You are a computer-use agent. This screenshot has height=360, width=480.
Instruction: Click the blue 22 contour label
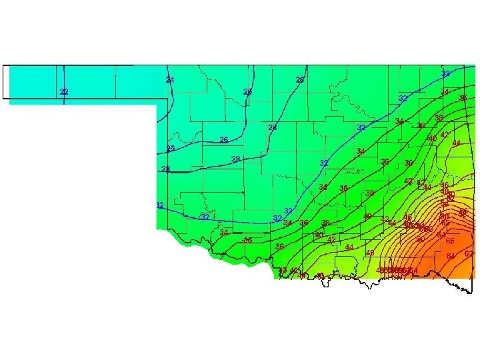pyautogui.click(x=63, y=91)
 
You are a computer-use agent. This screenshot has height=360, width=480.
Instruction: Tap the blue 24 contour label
pyautogui.click(x=170, y=80)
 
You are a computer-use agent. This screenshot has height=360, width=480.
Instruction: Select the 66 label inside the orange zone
pyautogui.click(x=450, y=241)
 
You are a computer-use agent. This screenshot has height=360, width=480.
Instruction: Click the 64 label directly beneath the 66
pyautogui.click(x=451, y=256)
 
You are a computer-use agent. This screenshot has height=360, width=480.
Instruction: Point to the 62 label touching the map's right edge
pyautogui.click(x=469, y=254)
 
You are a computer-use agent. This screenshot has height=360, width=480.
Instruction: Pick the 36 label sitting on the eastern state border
pyautogui.click(x=462, y=98)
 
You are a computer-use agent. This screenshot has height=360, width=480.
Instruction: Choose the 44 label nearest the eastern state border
pyautogui.click(x=457, y=143)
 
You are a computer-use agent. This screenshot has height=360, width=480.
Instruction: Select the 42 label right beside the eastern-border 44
pyautogui.click(x=445, y=135)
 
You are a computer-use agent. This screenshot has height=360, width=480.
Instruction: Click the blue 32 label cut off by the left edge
pyautogui.click(x=159, y=205)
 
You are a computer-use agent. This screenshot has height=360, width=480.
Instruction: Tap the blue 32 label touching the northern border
pyautogui.click(x=445, y=73)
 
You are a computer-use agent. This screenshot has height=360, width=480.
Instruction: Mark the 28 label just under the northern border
pyautogui.click(x=300, y=80)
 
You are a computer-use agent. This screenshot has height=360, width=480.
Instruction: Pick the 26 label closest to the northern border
pyautogui.click(x=247, y=91)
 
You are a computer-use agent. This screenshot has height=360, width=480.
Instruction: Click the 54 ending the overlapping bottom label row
pyautogui.click(x=414, y=270)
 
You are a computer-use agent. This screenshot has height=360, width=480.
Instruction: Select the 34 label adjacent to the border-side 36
pyautogui.click(x=444, y=91)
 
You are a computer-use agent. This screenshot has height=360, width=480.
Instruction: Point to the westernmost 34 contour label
pyautogui.click(x=224, y=232)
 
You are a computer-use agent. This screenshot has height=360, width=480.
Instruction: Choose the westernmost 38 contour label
pyautogui.click(x=247, y=240)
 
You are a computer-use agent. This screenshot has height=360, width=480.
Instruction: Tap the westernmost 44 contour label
pyautogui.click(x=349, y=247)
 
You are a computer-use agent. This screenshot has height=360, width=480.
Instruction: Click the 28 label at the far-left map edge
pyautogui.click(x=165, y=169)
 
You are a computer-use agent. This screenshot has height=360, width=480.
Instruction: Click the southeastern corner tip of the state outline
pyautogui.click(x=471, y=292)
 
